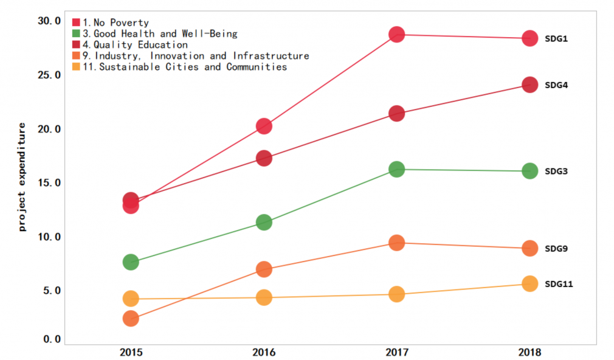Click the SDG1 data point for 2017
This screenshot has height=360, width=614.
[396, 34]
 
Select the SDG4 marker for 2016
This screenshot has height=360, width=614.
[264, 158]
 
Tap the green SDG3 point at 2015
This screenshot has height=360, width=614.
[131, 262]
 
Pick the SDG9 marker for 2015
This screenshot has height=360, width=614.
[131, 318]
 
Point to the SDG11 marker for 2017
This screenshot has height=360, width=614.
[396, 294]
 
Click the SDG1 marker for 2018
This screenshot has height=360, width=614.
[529, 38]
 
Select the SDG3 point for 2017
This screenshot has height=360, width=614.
[396, 169]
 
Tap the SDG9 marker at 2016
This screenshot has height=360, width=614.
[264, 269]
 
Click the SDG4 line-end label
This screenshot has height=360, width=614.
[556, 85]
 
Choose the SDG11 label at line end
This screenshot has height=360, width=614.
[558, 284]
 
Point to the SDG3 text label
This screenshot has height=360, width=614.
[556, 171]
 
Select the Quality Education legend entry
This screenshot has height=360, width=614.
[135, 45]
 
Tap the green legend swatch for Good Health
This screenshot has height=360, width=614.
[77, 34]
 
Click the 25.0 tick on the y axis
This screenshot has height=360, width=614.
[49, 75]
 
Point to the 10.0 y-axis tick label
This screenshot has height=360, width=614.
[49, 237]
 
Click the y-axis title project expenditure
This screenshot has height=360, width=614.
[22, 177]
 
